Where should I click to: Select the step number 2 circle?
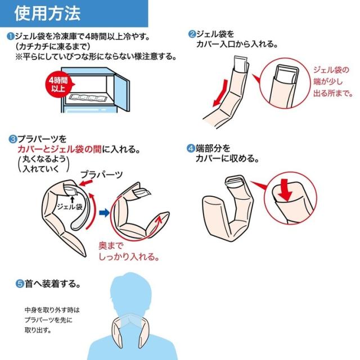[192, 34]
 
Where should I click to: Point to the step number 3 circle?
[12, 138]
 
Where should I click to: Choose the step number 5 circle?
[19, 284]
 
